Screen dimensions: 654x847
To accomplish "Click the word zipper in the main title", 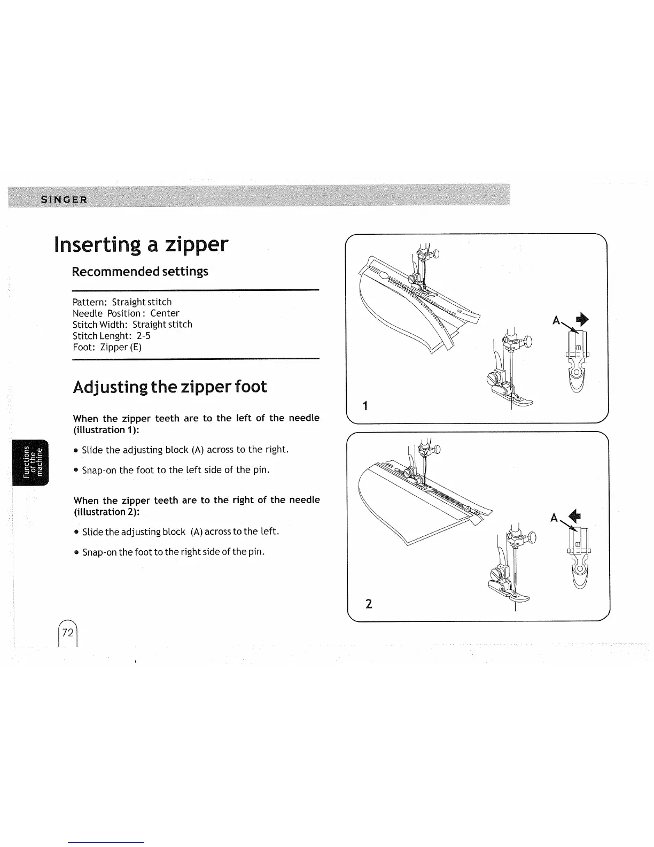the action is tap(196, 245).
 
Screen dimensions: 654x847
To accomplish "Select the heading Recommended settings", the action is tap(140, 272).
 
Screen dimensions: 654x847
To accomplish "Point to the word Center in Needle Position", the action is tap(165, 313).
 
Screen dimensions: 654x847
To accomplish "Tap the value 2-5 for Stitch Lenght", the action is tap(144, 336).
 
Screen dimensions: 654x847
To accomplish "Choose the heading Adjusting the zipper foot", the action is tap(170, 387).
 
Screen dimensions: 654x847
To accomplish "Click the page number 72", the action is tap(67, 633).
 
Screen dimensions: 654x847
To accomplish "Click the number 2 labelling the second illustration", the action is tap(368, 604).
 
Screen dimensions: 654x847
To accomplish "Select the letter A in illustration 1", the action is tap(556, 321).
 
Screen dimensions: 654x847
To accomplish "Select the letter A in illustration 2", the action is tap(554, 518).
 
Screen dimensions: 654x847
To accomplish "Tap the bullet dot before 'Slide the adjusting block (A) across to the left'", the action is tap(77, 532).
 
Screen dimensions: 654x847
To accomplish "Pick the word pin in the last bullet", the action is tap(255, 552).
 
